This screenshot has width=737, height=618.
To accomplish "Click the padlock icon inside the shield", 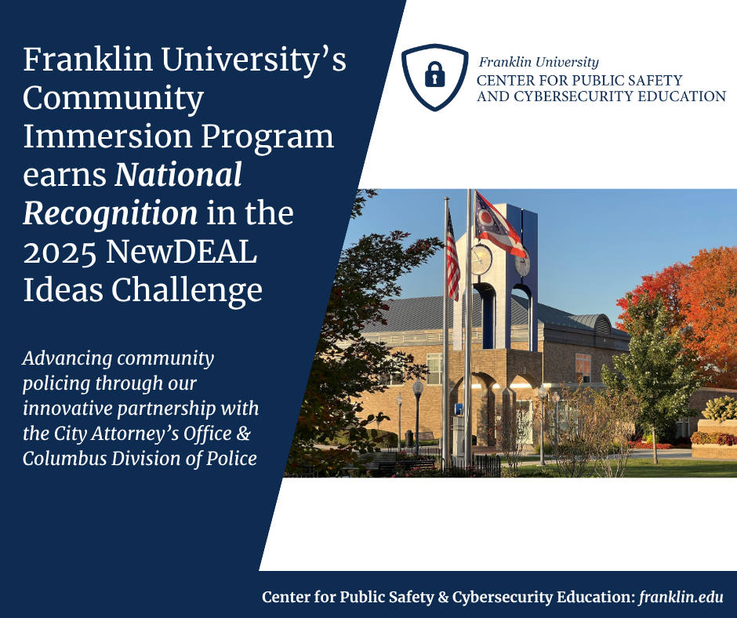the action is point(435,74).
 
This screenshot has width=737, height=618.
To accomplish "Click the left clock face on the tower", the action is point(481,259).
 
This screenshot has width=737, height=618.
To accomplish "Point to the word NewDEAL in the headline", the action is point(181,252).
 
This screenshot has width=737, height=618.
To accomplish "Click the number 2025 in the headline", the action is point(60,252).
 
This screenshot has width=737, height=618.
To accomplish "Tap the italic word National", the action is point(179,174).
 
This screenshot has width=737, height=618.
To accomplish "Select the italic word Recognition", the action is point(111,214).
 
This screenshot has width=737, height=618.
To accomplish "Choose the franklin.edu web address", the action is point(681,597).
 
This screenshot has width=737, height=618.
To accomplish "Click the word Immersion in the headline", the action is point(107,136).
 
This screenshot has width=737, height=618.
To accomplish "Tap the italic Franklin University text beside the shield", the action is point(539,62).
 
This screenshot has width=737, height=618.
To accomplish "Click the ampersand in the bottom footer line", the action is point(443,597).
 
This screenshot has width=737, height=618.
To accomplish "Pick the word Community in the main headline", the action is point(113,100).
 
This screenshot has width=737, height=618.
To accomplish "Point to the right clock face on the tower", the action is point(521,262).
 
